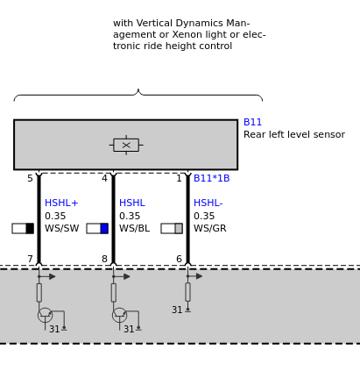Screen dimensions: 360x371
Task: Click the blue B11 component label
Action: tap(252, 122)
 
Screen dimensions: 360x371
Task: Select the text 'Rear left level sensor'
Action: tap(294, 134)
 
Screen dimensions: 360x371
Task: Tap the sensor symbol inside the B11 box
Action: tap(126, 145)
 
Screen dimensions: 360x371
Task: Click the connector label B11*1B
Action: tap(212, 178)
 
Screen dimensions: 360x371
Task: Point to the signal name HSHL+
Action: tap(61, 203)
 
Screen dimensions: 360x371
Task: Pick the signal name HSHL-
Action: tap(208, 203)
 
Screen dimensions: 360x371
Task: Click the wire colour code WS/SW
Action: tap(62, 228)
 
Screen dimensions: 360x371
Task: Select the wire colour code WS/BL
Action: tap(135, 228)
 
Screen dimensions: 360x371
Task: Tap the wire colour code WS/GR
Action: tap(210, 228)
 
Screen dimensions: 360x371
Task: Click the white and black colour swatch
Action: tap(23, 228)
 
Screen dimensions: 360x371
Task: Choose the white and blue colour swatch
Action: tap(97, 228)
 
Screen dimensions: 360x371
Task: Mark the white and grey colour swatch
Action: tap(172, 228)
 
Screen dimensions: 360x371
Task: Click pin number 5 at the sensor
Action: tap(30, 178)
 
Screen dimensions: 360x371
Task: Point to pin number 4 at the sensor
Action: tap(104, 178)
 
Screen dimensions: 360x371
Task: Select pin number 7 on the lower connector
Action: tap(30, 259)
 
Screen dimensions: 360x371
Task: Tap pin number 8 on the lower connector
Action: tap(104, 259)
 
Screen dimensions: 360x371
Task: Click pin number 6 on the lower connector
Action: tap(179, 259)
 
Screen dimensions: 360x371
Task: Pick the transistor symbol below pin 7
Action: tap(45, 316)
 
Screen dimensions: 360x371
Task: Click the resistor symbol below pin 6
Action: tap(187, 292)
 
